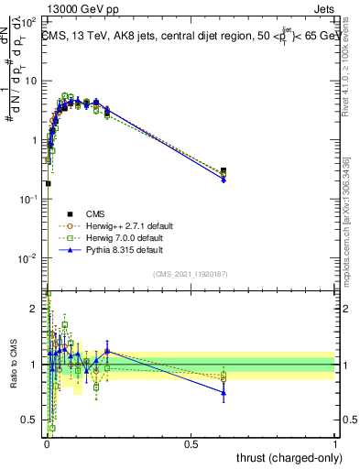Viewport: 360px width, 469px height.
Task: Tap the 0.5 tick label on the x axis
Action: click(191, 443)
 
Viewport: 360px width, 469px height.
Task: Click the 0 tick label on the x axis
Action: click(47, 443)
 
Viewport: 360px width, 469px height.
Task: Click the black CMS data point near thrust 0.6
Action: click(224, 171)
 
